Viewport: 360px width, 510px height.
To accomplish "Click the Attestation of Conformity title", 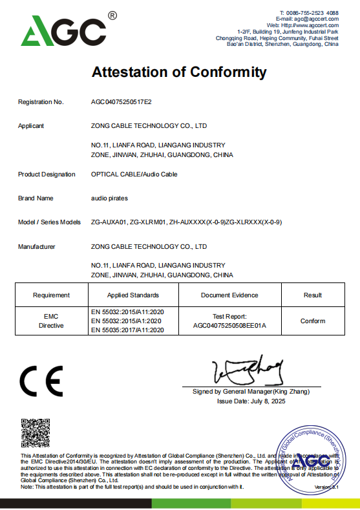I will click(180, 72).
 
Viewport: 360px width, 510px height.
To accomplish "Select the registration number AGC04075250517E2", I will click(122, 102).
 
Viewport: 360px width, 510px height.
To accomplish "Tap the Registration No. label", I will click(41, 102).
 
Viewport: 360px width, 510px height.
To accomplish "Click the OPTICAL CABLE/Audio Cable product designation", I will click(134, 174).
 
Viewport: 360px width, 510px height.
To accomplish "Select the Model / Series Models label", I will click(49, 222).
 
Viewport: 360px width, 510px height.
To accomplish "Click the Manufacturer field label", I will click(37, 246).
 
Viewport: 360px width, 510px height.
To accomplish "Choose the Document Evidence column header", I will click(229, 295).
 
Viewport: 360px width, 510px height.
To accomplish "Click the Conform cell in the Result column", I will click(313, 321).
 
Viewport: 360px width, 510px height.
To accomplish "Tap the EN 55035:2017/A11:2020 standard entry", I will click(128, 330).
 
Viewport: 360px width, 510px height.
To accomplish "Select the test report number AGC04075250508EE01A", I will click(229, 325).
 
